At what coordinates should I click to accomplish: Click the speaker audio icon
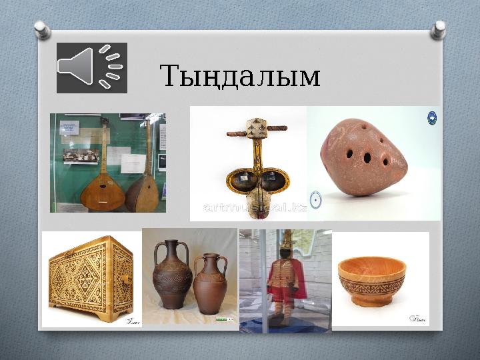coord(91,67)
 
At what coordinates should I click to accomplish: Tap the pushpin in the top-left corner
coord(42,29)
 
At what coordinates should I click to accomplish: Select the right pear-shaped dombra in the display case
coord(142,187)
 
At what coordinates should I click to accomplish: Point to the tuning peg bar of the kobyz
coord(257,129)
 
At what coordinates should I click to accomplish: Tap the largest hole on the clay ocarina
coord(367,158)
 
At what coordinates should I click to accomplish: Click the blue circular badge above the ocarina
coord(431,119)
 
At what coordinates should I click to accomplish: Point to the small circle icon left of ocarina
coord(316,200)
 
